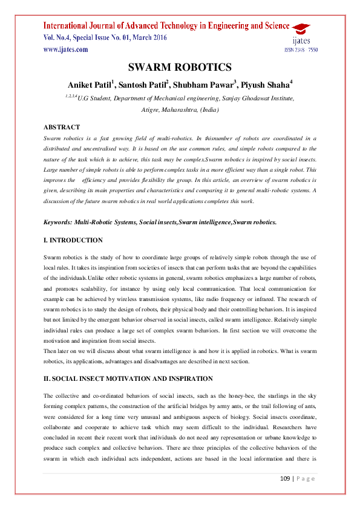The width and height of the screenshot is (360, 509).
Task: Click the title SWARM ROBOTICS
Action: pyautogui.click(x=180, y=68)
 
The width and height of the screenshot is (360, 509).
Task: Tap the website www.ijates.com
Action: pyautogui.click(x=66, y=50)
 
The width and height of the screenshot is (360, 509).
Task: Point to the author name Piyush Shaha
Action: pyautogui.click(x=267, y=84)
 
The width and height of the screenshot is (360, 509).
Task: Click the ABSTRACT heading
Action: pyautogui.click(x=62, y=128)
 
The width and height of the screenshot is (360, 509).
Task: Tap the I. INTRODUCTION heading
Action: pyautogui.click(x=73, y=240)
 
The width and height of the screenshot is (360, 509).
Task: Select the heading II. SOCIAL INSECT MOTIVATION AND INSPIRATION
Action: pyautogui.click(x=128, y=378)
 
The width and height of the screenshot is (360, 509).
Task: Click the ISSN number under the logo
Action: pyautogui.click(x=301, y=50)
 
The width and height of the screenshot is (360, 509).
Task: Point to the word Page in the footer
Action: pyautogui.click(x=306, y=479)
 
